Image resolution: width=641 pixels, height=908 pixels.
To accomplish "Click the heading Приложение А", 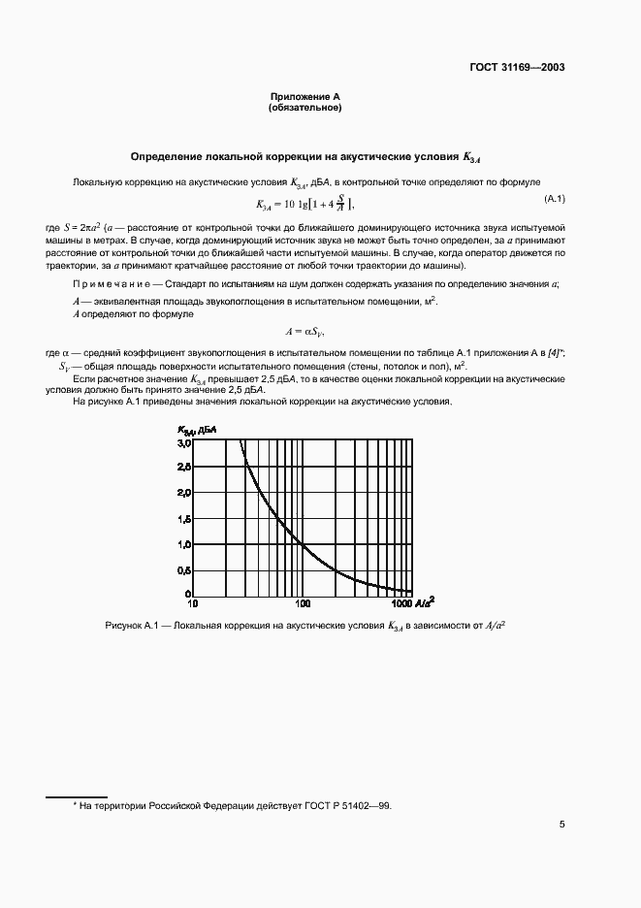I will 304,97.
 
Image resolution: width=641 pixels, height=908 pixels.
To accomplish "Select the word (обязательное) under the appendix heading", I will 304,107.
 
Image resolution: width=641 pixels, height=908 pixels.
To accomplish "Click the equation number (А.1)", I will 555,199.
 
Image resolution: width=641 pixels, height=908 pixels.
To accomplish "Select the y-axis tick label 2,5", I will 183,468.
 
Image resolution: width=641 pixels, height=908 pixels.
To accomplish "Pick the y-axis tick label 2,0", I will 183,493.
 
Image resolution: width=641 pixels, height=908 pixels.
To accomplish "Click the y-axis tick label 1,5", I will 183,519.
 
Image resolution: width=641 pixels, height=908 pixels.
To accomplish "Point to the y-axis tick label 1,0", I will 183,544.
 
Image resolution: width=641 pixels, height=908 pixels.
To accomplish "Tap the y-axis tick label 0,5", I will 183,570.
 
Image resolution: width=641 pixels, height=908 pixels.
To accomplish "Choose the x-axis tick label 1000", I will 401,604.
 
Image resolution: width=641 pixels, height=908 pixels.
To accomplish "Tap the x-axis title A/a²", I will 425,602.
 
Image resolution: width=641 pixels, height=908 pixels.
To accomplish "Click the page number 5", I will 561,825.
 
